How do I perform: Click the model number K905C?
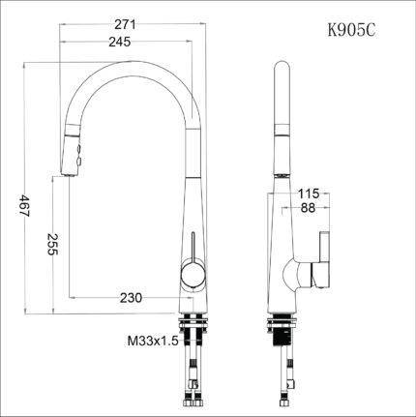tap(351, 30)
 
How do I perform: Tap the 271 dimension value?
tap(126, 25)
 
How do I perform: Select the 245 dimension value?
tap(120, 42)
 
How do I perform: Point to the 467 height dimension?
tap(25, 205)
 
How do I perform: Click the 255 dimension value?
tap(52, 244)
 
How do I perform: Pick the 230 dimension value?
tap(131, 298)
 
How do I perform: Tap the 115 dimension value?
tap(309, 194)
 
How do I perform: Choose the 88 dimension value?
tap(308, 208)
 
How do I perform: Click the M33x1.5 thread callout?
tap(153, 341)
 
